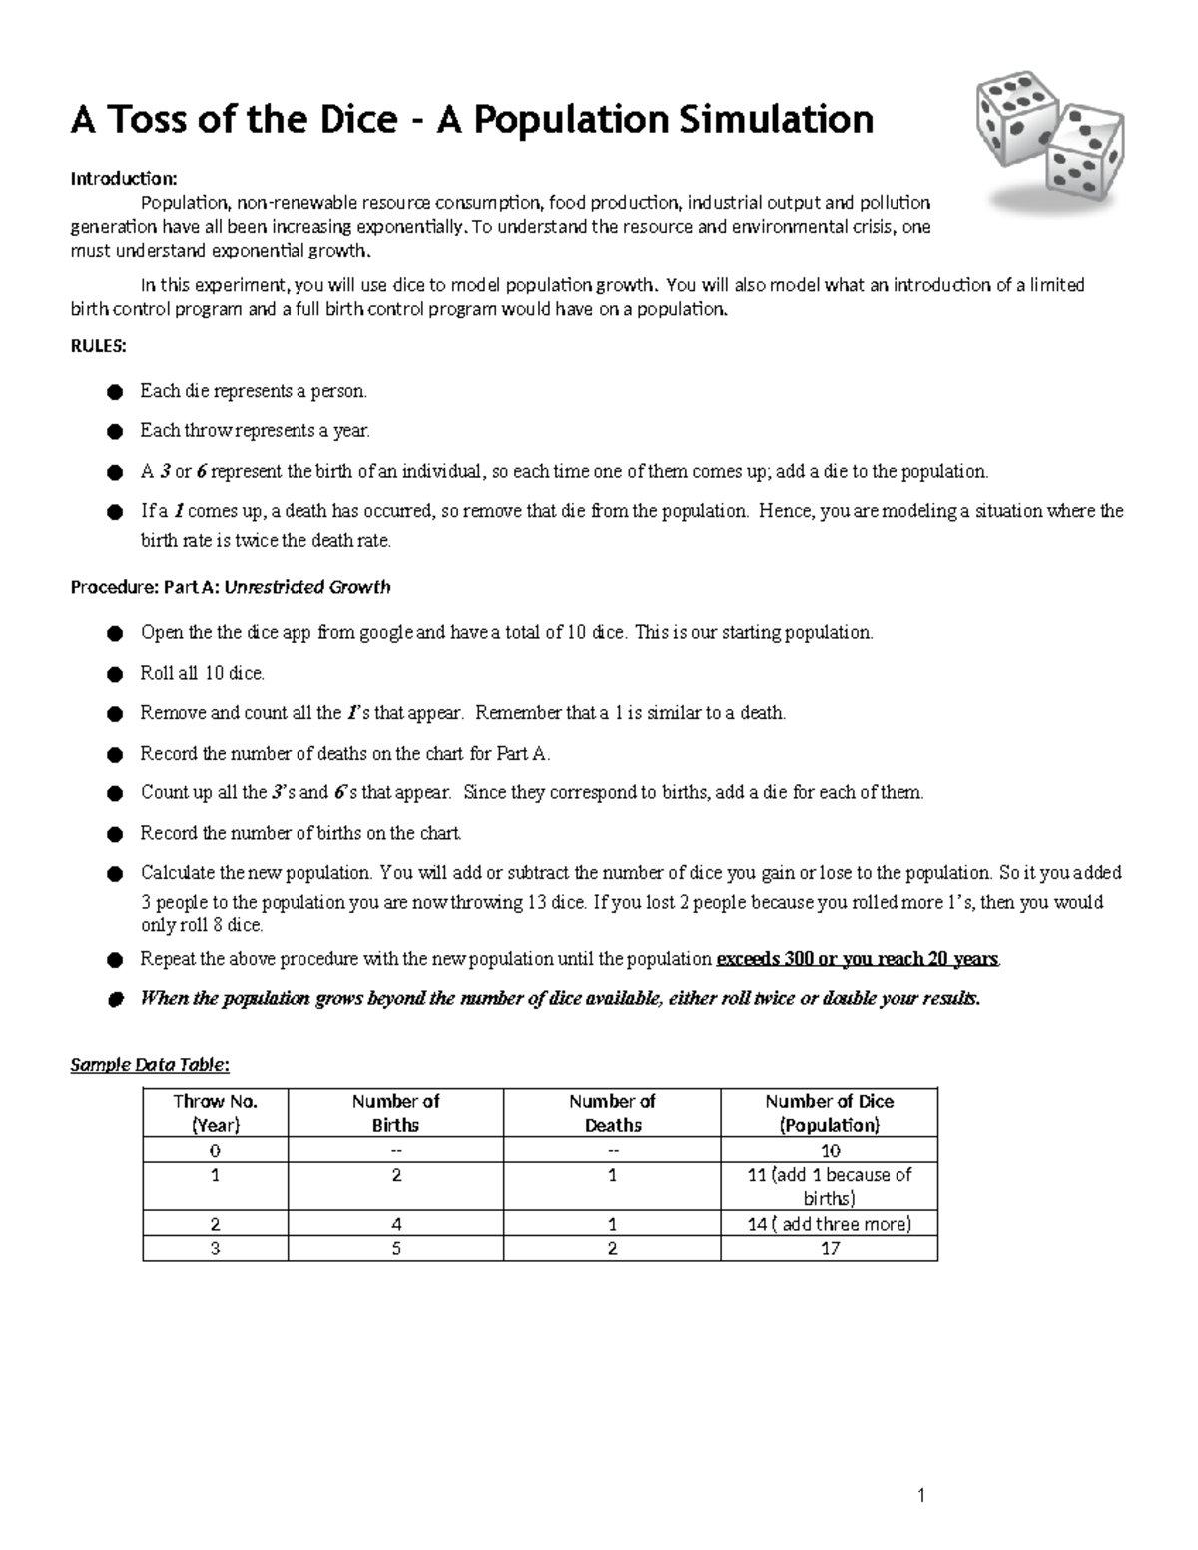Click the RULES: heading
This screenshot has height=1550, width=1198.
98,347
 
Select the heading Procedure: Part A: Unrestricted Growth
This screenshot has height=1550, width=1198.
231,587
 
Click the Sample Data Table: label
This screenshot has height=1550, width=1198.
150,1064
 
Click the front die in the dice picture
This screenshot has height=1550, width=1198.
1083,155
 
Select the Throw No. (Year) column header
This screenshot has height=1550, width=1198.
215,1113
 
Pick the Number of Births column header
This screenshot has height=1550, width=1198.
395,1113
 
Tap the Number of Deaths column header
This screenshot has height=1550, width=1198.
612,1113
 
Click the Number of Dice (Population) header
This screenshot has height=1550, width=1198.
829,1113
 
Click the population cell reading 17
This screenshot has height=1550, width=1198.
829,1248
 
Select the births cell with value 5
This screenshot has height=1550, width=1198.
396,1248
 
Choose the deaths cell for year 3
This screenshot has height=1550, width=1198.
612,1248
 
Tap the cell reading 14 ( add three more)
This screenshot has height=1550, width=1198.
829,1224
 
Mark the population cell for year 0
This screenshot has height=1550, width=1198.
829,1150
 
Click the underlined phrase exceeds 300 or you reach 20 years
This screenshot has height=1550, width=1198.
858,959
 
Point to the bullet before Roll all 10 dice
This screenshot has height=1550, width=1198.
116,674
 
